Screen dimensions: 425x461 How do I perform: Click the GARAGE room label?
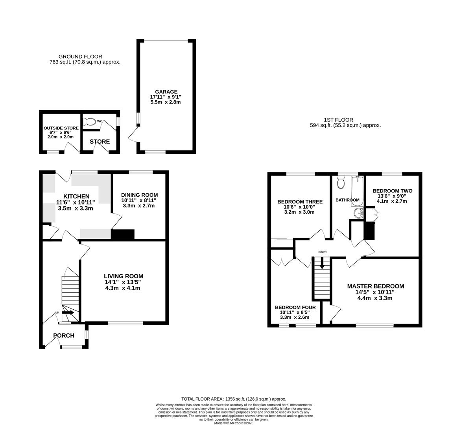(x=166, y=92)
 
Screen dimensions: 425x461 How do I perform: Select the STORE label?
(x=100, y=142)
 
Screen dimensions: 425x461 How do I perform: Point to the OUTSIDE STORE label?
(x=61, y=128)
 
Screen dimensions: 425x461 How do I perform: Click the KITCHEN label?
(x=76, y=196)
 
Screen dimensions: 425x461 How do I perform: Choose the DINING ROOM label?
(x=139, y=195)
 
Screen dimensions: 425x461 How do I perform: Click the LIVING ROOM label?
(x=123, y=276)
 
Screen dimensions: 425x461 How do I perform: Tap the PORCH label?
(x=64, y=336)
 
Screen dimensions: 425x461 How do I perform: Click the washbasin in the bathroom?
(x=358, y=213)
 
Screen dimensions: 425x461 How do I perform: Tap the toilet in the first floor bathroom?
(x=341, y=183)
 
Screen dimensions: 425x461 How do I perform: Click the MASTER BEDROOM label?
(x=375, y=286)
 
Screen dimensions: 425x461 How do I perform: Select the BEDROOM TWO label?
(x=392, y=191)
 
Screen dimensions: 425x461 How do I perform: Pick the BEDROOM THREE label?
(x=300, y=202)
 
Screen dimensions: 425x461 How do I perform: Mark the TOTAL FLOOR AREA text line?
(x=233, y=399)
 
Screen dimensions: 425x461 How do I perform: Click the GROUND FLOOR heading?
(x=80, y=57)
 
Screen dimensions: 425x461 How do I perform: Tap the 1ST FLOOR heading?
(x=338, y=120)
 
